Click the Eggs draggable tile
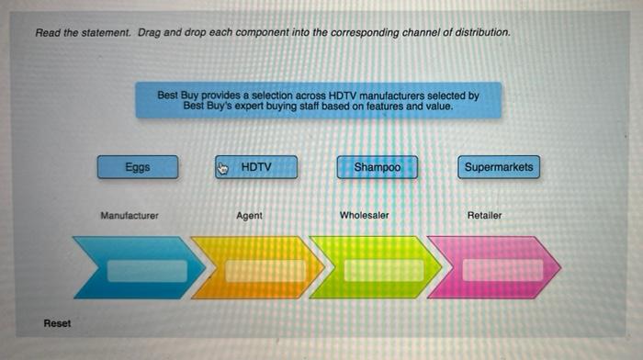[x=138, y=167]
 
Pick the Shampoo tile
[x=377, y=167]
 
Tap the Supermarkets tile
[x=498, y=167]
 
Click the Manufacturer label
[x=130, y=216]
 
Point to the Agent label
[x=249, y=216]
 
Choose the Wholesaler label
[x=365, y=216]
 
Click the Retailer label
[x=484, y=216]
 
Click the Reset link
[x=57, y=323]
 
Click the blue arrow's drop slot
[x=147, y=270]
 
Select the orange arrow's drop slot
[x=265, y=270]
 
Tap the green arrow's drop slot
[x=384, y=270]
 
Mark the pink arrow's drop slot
[x=502, y=270]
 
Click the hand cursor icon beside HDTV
[x=222, y=168]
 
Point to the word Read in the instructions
[x=48, y=33]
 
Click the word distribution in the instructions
[x=481, y=33]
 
